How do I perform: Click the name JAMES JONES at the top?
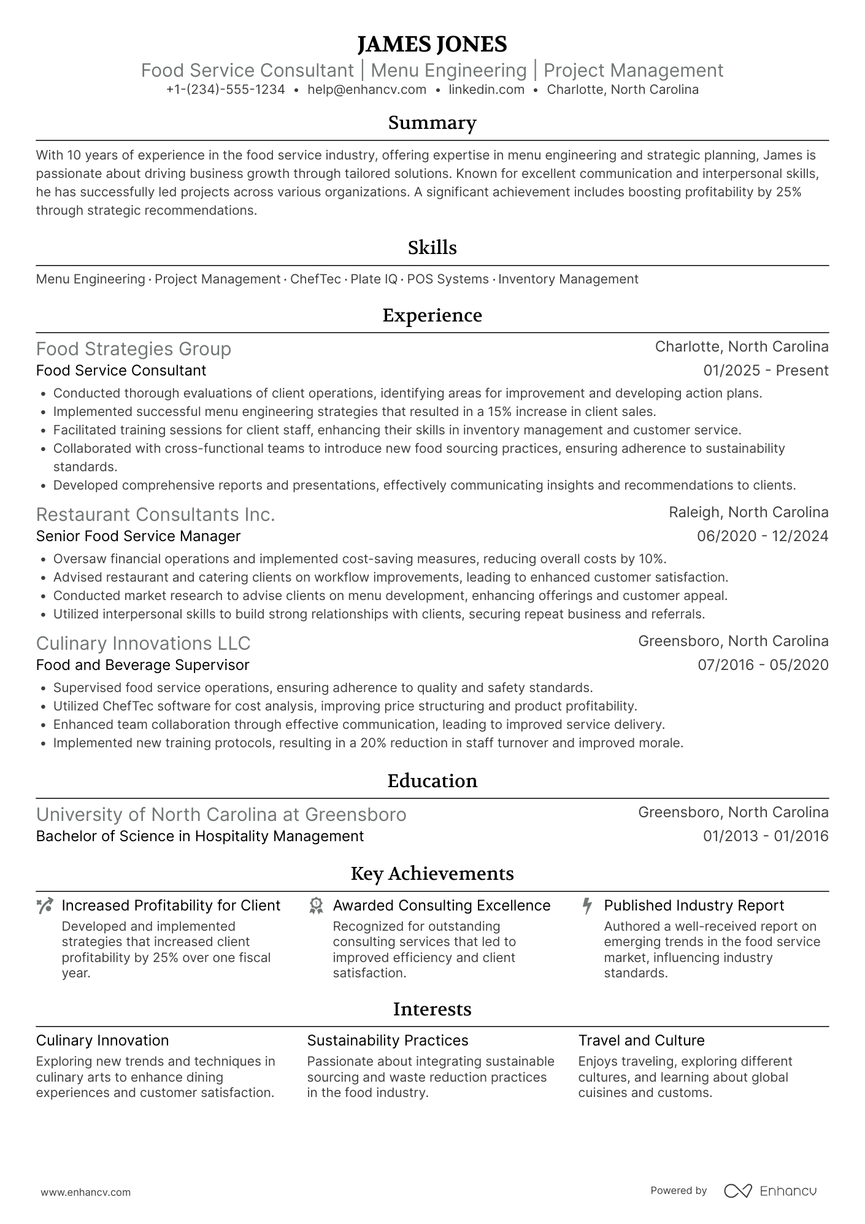pos(432,44)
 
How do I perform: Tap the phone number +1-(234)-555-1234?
pos(225,90)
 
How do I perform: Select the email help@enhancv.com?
pos(367,90)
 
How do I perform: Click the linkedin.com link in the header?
pos(486,90)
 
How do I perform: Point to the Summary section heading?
pos(432,123)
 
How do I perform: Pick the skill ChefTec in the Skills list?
pos(315,279)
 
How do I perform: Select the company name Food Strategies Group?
pos(134,348)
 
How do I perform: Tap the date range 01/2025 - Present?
pos(766,371)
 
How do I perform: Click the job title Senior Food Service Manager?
pos(138,536)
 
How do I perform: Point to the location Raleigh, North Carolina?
pos(748,512)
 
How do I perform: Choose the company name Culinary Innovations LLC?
pos(143,643)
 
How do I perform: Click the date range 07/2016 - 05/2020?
pos(763,665)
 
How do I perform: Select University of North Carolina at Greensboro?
pos(221,814)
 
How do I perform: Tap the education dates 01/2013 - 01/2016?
pos(766,836)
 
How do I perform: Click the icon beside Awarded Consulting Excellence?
pos(316,906)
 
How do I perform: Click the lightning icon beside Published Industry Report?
pos(587,906)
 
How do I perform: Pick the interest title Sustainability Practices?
pos(387,1041)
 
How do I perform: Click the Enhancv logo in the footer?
pos(770,1191)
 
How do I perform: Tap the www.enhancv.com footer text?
pos(85,1192)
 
